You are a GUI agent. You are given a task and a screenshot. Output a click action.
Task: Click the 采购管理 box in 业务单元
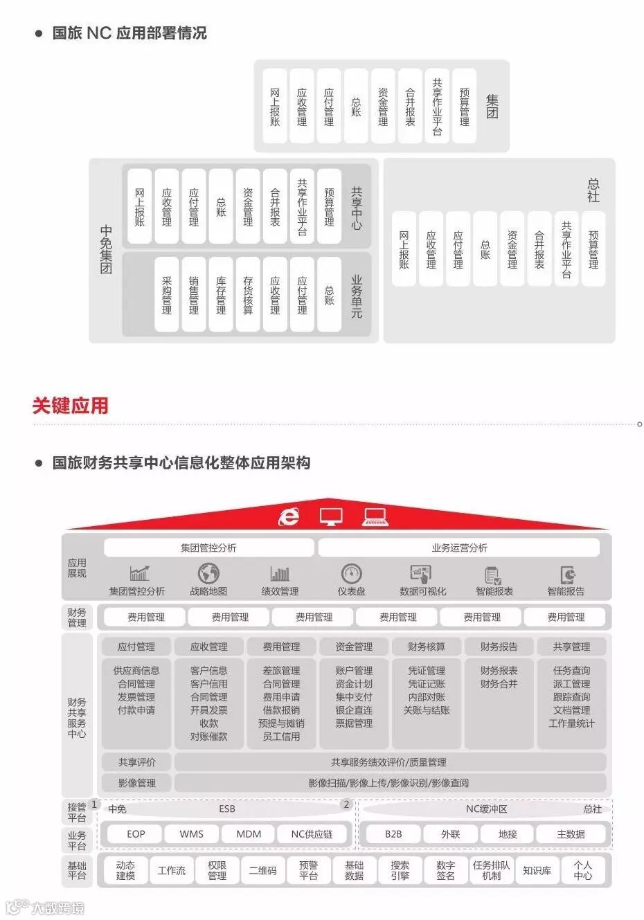pos(167,295)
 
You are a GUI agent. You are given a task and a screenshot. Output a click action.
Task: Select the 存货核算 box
pos(248,295)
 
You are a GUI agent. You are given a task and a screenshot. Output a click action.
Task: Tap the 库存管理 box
pos(221,295)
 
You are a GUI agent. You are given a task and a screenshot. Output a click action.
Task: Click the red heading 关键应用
pos(70,406)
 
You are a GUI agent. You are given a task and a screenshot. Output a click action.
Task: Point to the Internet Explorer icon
pos(288,516)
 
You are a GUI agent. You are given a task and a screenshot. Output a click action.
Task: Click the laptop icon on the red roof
pos(375,516)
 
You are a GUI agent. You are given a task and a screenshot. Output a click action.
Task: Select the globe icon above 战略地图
pos(208,573)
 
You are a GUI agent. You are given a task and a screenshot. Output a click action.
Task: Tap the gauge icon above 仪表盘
pos(351,573)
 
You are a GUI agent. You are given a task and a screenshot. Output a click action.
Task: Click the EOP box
pos(136,834)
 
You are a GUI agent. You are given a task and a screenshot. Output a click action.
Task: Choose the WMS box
pos(192,834)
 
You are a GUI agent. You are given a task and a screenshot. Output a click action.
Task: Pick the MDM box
pos(249,834)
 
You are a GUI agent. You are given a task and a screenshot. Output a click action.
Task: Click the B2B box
pos(393,834)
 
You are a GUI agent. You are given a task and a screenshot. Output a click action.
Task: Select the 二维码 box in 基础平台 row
pos(262,870)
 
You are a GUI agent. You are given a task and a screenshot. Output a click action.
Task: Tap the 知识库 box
pos(537,870)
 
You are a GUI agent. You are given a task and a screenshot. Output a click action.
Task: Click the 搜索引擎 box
pos(400,870)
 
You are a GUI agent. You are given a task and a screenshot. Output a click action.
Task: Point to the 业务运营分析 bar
pos(459,548)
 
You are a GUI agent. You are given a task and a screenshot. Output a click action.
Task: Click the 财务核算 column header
pos(427,647)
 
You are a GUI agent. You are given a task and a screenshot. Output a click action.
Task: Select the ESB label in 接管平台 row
pos(227,809)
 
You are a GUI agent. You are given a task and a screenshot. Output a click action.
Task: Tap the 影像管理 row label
pos(136,783)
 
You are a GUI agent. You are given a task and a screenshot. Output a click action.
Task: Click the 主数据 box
pos(571,834)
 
